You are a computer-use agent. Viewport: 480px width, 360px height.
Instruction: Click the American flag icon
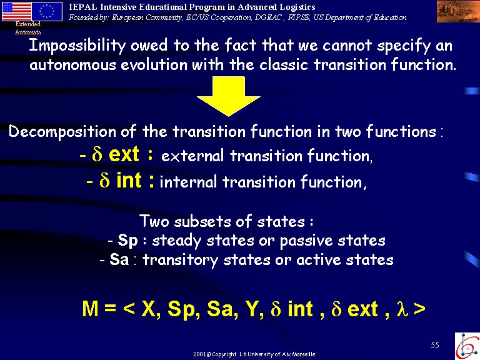16,11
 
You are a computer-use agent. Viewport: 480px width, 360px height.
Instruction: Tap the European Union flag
47,11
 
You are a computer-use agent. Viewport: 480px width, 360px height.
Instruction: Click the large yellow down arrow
229,96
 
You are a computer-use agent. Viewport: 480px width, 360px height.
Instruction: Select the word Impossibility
77,46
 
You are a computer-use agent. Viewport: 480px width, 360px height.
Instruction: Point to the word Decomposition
62,132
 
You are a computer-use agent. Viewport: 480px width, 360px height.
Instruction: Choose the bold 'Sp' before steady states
127,240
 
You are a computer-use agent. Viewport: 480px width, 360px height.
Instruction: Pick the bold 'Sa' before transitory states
119,259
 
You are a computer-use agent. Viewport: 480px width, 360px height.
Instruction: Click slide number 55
435,345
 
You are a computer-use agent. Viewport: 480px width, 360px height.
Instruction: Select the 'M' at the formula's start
90,309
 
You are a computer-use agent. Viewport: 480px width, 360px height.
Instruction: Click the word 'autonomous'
72,65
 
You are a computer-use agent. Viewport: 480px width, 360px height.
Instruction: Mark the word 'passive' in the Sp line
306,241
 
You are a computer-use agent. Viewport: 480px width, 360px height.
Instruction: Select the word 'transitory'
180,260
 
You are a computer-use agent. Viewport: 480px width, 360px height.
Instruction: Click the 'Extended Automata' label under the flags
28,28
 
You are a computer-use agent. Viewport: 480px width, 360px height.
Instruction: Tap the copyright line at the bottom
254,354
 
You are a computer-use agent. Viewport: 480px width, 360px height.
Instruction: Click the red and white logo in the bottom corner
467,346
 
